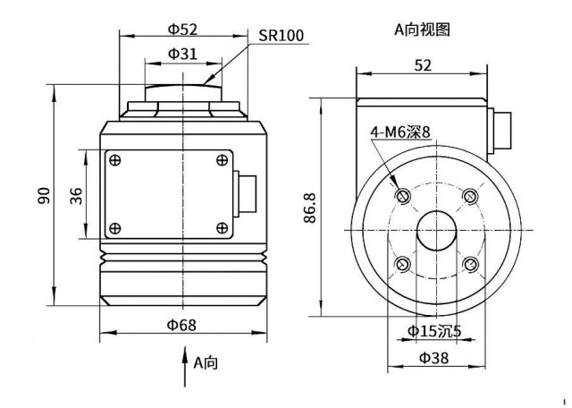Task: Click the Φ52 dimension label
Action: click(x=182, y=30)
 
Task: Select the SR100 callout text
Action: click(x=281, y=36)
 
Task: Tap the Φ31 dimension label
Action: click(x=182, y=54)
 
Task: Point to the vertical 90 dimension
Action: click(x=44, y=195)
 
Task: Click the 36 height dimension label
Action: click(x=76, y=195)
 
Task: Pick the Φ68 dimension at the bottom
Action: click(x=181, y=325)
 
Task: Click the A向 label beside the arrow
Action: click(x=206, y=362)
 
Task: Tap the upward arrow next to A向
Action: click(x=185, y=366)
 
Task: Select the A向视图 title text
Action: click(x=422, y=30)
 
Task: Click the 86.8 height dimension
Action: click(x=310, y=208)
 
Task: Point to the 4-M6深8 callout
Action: click(x=400, y=132)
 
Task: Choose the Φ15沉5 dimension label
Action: click(x=434, y=331)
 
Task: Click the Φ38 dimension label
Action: click(x=434, y=358)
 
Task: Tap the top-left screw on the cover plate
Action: click(x=115, y=160)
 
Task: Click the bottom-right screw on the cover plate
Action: click(x=222, y=228)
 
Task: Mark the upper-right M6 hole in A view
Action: click(x=471, y=196)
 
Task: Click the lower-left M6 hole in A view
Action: click(x=403, y=264)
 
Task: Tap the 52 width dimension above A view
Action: click(x=423, y=65)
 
